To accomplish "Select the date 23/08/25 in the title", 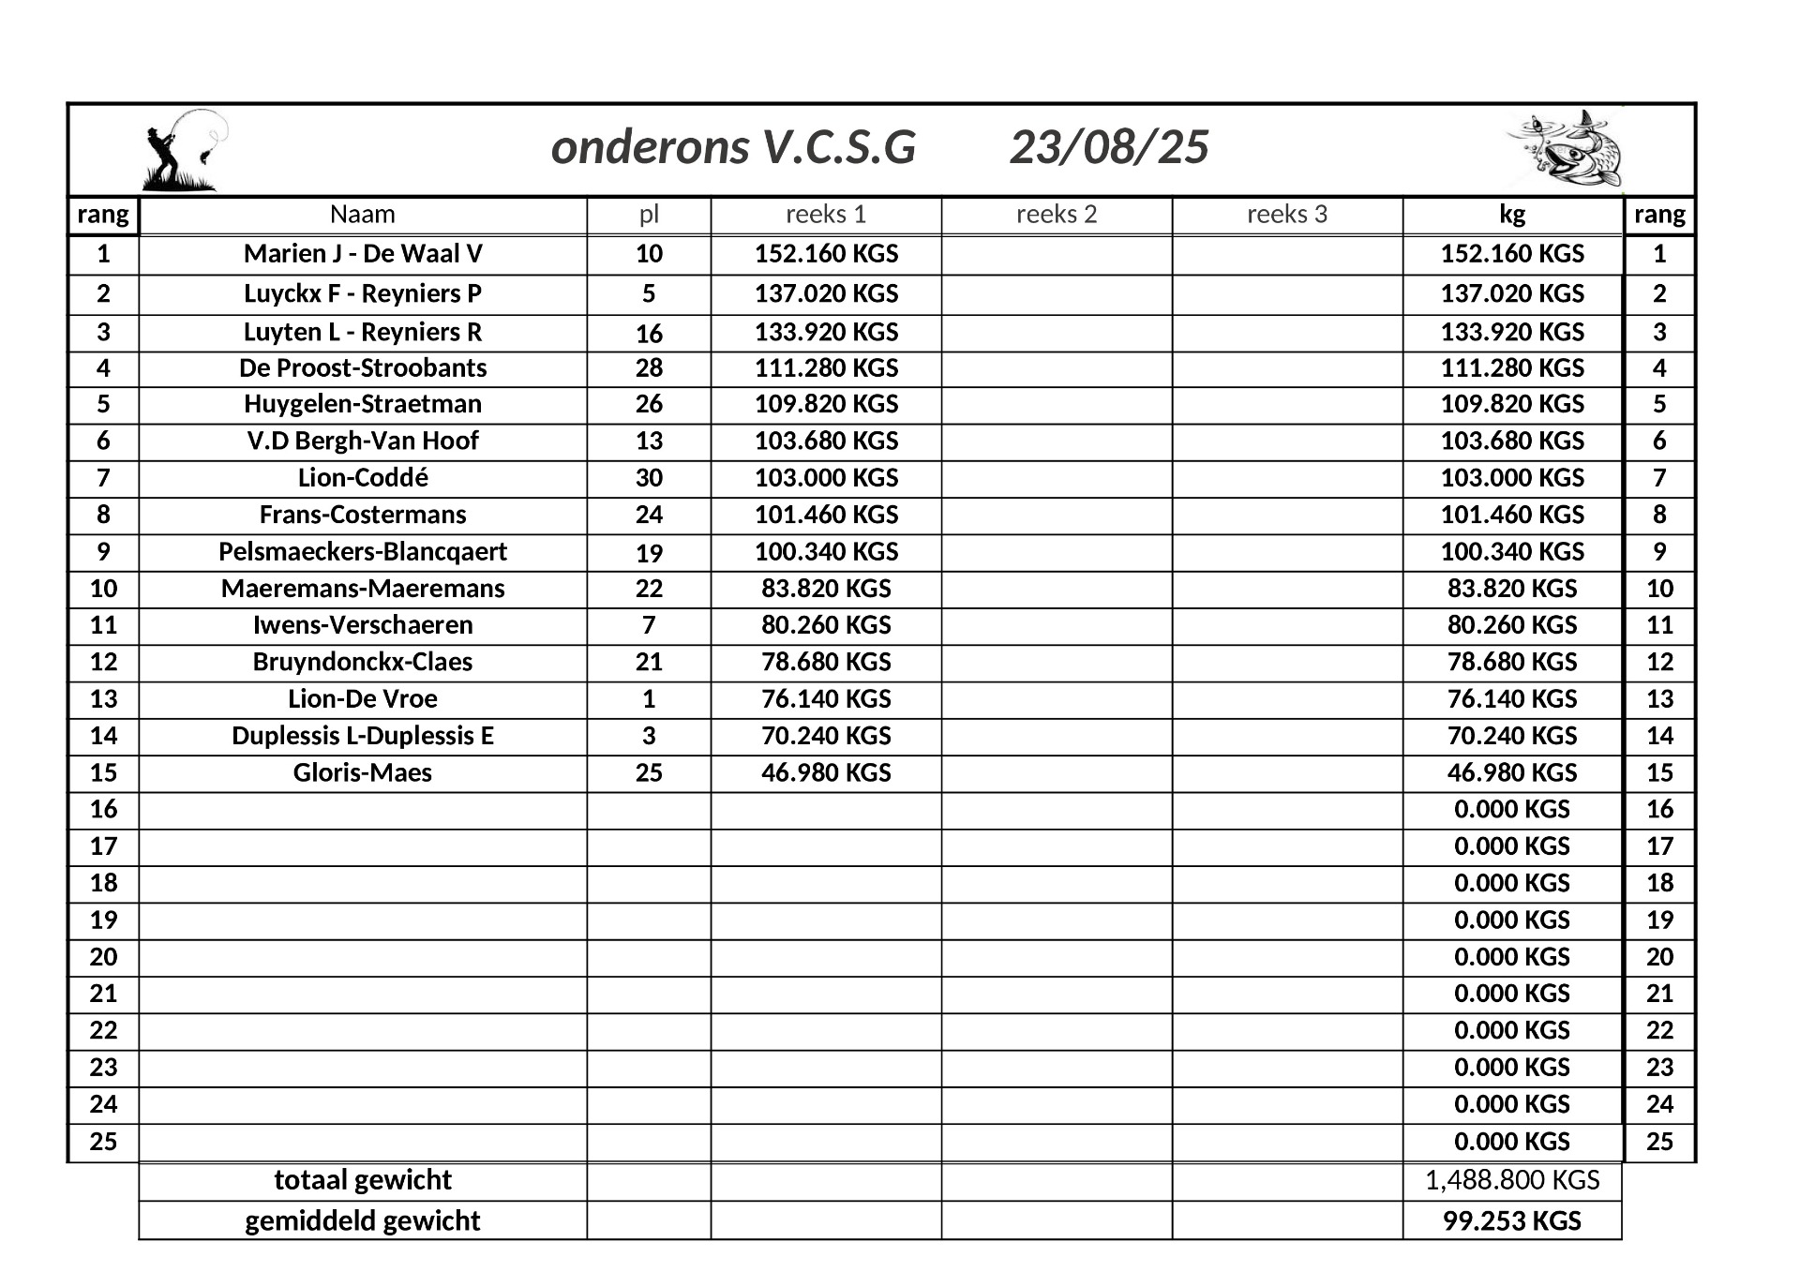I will tap(1109, 148).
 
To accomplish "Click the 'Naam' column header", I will tap(363, 215).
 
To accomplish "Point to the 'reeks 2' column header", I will tap(1057, 215).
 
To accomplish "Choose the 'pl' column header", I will tap(649, 215).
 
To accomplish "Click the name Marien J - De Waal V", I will tap(363, 254).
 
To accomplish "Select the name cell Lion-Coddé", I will tap(363, 478).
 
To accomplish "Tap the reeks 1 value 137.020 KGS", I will tap(826, 293).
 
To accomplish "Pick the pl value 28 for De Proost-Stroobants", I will tap(649, 368).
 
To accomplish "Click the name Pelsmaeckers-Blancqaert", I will tap(363, 551).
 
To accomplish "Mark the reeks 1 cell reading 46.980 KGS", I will tap(826, 773).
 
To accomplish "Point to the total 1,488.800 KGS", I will tap(1512, 1180).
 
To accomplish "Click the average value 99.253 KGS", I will tap(1512, 1221).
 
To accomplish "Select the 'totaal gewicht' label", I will tap(363, 1180).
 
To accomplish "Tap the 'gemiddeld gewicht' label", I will tap(363, 1221).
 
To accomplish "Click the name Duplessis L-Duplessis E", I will tap(363, 736).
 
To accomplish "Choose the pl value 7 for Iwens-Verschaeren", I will tap(649, 625).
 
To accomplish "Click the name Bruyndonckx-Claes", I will tap(363, 662).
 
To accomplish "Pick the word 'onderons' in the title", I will tap(650, 148).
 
